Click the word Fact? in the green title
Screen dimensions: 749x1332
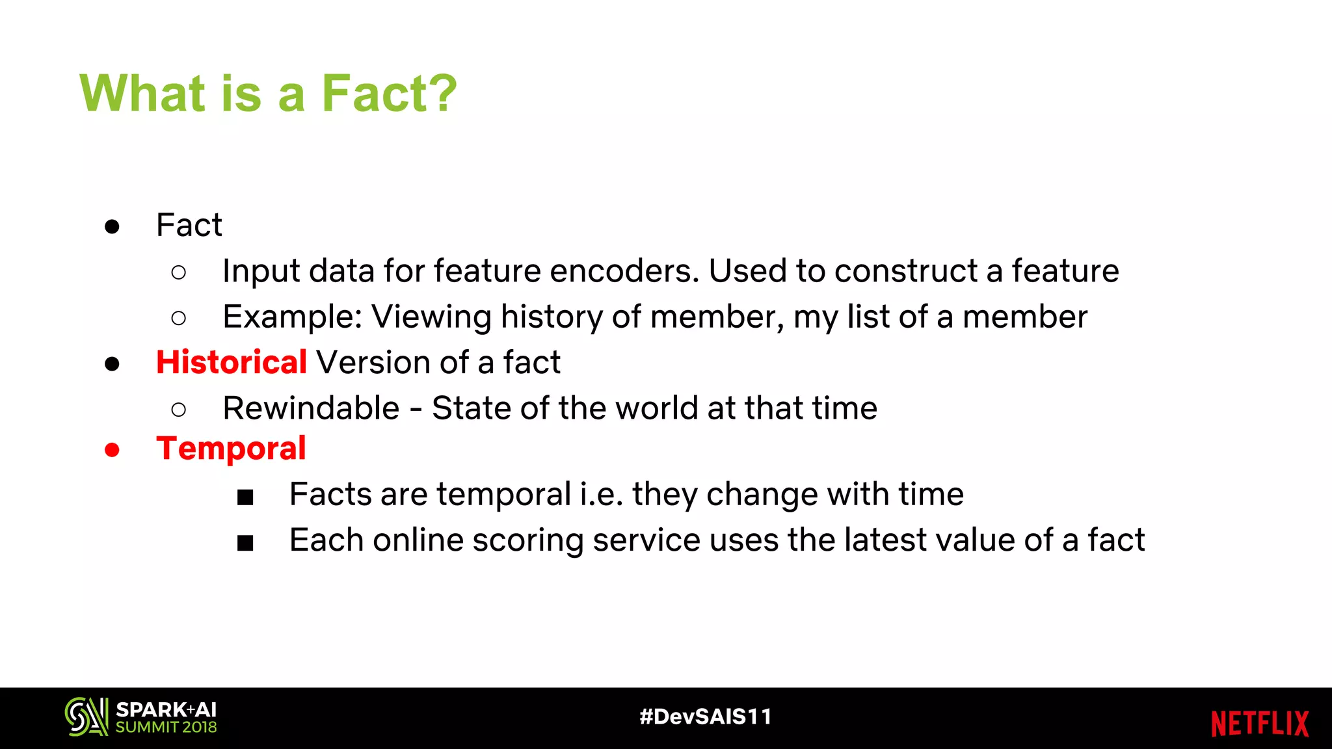pos(389,94)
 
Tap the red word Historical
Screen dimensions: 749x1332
pos(231,362)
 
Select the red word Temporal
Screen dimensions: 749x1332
pos(231,449)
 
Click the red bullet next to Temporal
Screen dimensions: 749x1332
pos(112,450)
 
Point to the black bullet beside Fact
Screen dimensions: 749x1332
pos(112,226)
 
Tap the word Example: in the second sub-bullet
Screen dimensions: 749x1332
pos(292,317)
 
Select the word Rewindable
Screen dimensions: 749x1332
pos(311,408)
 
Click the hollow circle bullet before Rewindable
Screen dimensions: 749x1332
pos(179,410)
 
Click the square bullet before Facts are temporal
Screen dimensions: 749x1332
pos(245,497)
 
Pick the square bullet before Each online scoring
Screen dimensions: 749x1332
pos(245,543)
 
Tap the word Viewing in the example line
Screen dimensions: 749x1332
pos(431,317)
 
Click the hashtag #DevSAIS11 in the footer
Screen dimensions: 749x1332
pos(706,716)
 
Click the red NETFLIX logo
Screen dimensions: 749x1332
pos(1259,724)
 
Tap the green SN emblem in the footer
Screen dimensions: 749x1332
pos(86,716)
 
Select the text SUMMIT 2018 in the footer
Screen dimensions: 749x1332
pos(166,728)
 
